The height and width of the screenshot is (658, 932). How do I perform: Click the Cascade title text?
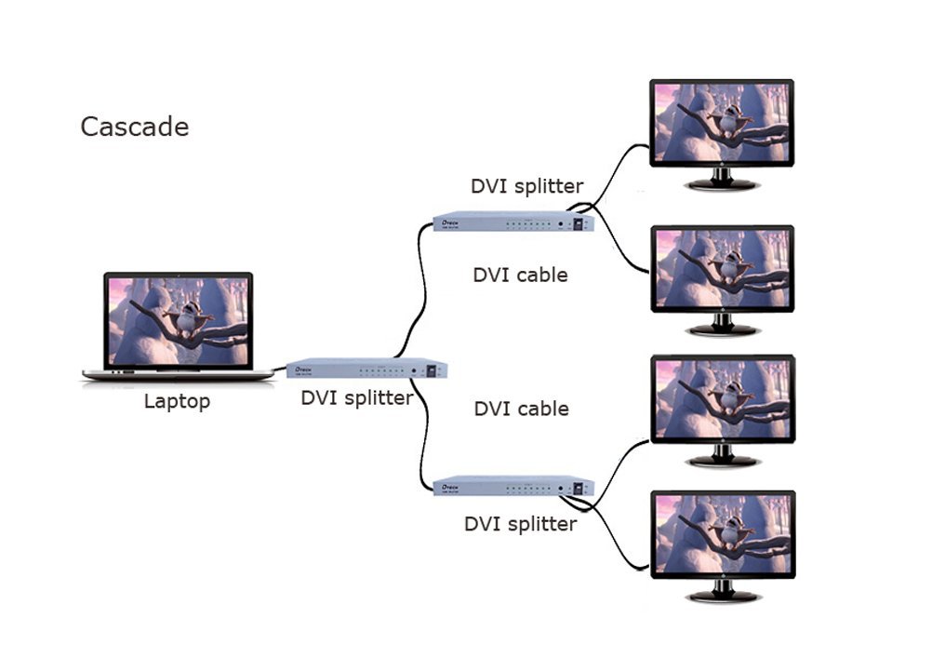[x=134, y=127]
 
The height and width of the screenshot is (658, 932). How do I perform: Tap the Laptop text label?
[x=177, y=402]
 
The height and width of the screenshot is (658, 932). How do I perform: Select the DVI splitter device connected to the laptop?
[x=366, y=369]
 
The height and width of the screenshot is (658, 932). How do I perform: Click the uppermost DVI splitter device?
[x=513, y=223]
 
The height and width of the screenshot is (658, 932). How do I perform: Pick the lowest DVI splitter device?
[x=513, y=486]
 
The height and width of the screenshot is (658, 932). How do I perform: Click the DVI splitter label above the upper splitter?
[x=526, y=185]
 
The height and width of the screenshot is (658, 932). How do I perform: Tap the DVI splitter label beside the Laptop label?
[x=356, y=398]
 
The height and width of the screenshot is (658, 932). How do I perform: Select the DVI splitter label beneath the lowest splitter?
[x=520, y=524]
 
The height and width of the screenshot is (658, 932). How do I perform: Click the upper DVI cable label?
[x=520, y=275]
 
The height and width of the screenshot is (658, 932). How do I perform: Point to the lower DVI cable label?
[x=521, y=409]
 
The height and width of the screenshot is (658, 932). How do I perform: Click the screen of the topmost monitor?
[x=722, y=123]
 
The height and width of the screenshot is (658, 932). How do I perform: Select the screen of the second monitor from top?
[x=722, y=269]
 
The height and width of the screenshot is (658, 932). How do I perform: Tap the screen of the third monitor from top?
[x=722, y=398]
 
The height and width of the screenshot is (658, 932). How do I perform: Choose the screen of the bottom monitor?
[x=722, y=534]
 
